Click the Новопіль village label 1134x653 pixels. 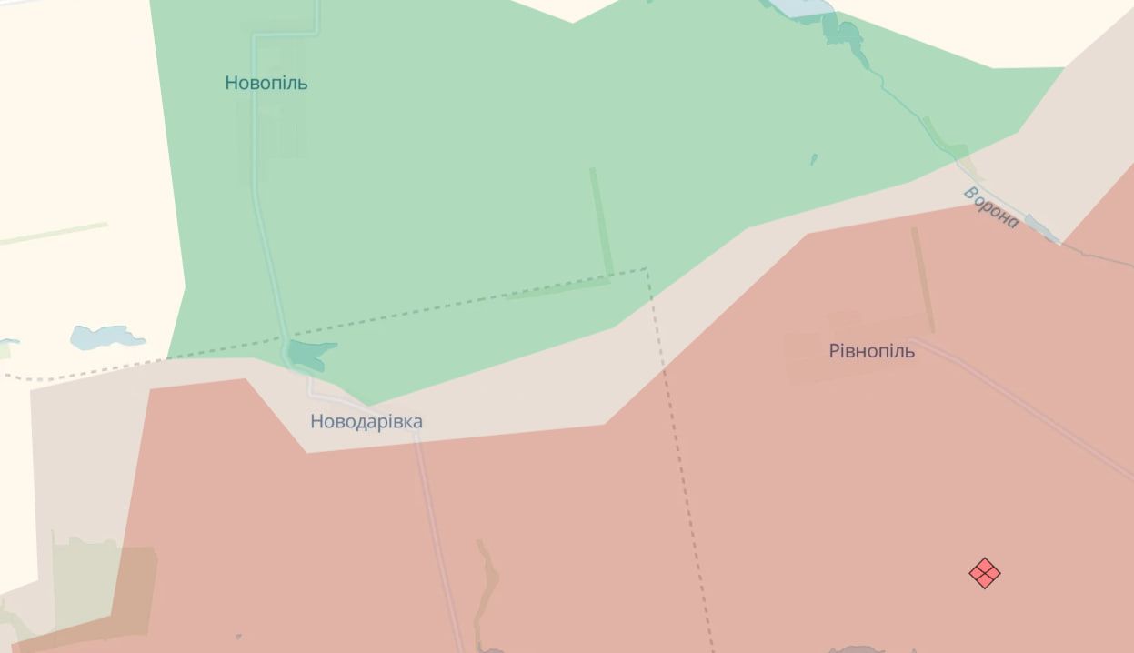click(x=266, y=83)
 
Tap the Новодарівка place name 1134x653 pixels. click(x=366, y=421)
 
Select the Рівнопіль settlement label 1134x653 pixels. click(x=871, y=350)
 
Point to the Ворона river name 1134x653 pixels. click(x=990, y=207)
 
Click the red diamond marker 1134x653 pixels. click(x=984, y=573)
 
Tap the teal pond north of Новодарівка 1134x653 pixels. click(x=309, y=353)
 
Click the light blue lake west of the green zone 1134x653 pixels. click(x=105, y=337)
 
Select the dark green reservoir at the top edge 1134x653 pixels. click(x=844, y=34)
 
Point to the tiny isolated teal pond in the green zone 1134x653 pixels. click(x=814, y=159)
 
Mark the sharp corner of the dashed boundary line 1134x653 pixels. click(x=647, y=269)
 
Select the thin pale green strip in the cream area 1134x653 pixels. click(x=55, y=234)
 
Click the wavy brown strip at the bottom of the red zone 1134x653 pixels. click(x=487, y=582)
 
